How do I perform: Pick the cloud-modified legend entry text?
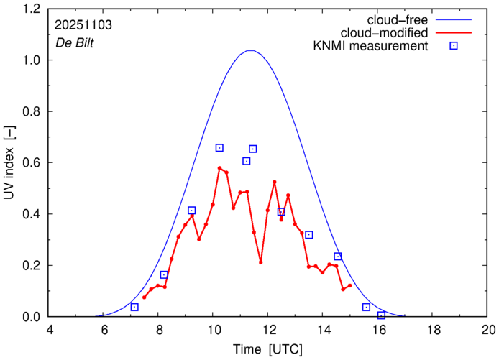pos(392,33)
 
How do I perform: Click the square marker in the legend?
pos(454,47)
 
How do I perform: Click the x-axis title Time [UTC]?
pos(267,349)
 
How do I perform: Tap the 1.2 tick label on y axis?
pos(31,9)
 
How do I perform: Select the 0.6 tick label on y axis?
pos(31,163)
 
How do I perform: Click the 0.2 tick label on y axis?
pos(31,266)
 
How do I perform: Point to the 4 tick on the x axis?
pos(50,329)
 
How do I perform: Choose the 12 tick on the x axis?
pos(269,329)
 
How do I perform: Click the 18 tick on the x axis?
pos(434,329)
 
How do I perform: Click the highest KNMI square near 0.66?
pos(219,148)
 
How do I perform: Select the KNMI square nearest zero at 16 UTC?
pos(381,315)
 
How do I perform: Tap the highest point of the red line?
pos(219,168)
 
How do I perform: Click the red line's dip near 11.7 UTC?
pos(261,262)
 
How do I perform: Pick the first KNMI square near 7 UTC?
pos(134,307)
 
